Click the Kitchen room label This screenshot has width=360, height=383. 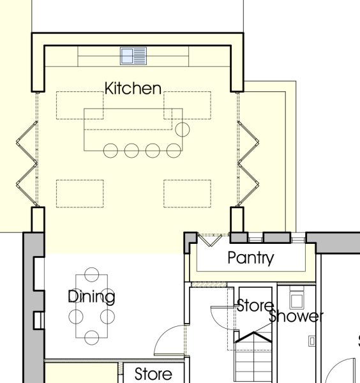click(133, 88)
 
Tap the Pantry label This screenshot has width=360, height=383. click(251, 258)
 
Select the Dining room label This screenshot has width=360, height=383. click(91, 297)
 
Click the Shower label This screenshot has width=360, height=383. click(296, 316)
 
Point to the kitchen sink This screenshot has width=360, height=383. click(133, 56)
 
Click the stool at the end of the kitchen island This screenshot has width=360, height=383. click(183, 130)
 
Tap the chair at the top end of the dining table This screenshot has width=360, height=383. click(91, 274)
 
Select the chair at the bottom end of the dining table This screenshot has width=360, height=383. click(91, 338)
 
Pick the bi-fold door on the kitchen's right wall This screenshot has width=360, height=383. click(248, 163)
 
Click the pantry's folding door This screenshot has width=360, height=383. click(210, 241)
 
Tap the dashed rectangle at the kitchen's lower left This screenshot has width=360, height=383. click(80, 193)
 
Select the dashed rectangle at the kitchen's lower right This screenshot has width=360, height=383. click(187, 193)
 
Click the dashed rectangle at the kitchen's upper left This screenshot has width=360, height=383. click(80, 105)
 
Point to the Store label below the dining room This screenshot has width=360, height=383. click(153, 373)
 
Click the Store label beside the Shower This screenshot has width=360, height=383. click(255, 305)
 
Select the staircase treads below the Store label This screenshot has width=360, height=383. click(253, 357)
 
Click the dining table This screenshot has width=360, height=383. click(91, 306)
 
